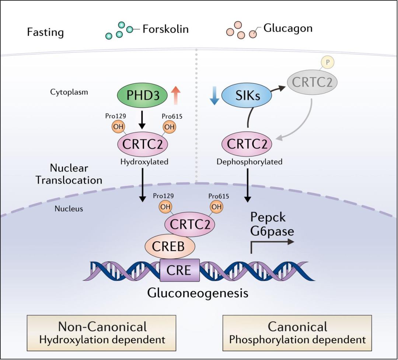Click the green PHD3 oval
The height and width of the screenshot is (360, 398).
[x=142, y=96]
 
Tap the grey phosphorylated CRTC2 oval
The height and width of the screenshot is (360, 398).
[x=312, y=82]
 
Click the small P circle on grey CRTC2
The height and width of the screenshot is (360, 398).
[x=328, y=62]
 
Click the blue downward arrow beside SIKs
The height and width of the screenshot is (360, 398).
[x=214, y=96]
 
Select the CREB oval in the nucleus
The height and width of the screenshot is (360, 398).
[x=170, y=246]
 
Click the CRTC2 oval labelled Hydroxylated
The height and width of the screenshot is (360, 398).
[x=142, y=144]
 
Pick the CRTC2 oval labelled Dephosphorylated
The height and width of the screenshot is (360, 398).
[x=247, y=144]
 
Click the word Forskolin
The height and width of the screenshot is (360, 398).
[x=165, y=29]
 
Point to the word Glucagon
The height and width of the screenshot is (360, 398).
[x=288, y=28]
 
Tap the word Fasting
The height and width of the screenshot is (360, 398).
[x=45, y=32]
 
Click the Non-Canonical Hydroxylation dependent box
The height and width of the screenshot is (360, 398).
[x=102, y=333]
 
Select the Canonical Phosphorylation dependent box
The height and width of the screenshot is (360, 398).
[x=297, y=333]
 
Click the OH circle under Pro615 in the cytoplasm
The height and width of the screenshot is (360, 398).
[x=170, y=127]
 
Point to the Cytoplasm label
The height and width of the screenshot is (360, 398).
[x=69, y=92]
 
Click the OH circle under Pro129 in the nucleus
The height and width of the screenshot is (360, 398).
[x=165, y=207]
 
